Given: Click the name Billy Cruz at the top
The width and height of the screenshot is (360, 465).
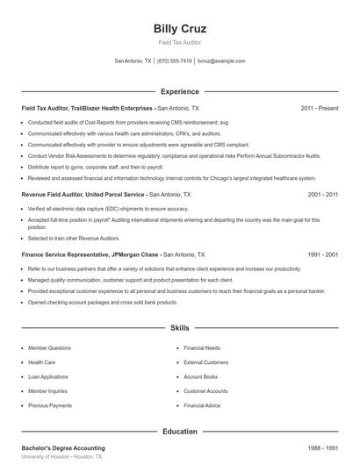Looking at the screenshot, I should [x=179, y=29].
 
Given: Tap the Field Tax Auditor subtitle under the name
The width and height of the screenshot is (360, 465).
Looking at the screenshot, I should [x=179, y=43].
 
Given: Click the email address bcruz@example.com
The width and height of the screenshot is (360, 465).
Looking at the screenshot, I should [x=221, y=61].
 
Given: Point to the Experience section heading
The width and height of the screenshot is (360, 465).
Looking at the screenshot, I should [x=179, y=91].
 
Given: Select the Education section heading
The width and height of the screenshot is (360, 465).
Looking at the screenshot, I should [x=179, y=431].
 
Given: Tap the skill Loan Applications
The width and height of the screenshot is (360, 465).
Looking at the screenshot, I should [x=49, y=376].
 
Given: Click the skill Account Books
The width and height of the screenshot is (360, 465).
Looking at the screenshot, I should [x=200, y=376].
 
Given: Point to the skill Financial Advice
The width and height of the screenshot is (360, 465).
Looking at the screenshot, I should [x=202, y=406].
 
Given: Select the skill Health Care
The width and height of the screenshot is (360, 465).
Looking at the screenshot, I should [x=42, y=361].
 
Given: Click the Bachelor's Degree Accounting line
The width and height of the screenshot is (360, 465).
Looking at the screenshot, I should [x=62, y=447].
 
